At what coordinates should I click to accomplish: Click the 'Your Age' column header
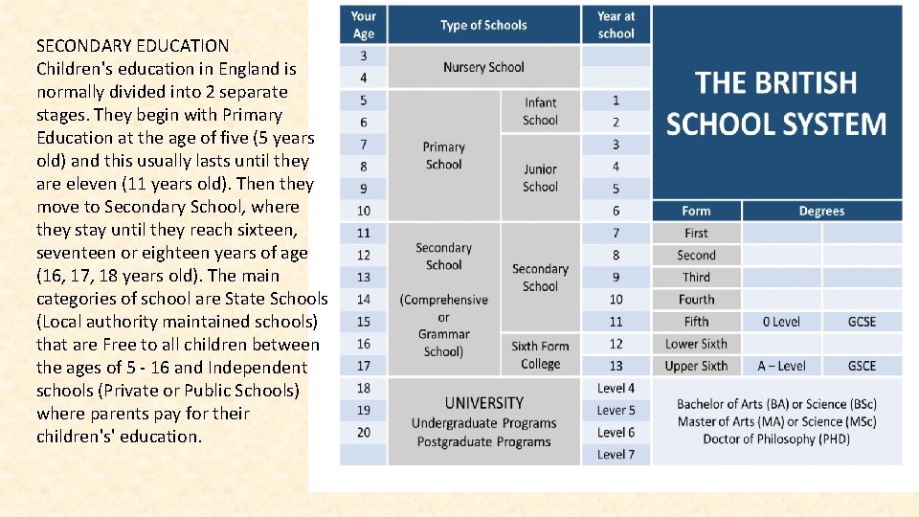coord(364,25)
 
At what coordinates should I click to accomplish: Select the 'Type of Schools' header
coord(483,25)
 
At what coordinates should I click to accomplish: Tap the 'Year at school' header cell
coord(616,25)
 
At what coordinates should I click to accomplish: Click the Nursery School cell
coord(483,67)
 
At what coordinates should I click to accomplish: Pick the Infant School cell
coord(540,111)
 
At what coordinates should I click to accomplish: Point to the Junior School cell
coord(540,178)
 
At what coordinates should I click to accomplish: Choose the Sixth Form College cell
coord(540,354)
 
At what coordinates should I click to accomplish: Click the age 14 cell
coord(364,300)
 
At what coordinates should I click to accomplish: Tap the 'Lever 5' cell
coord(616,411)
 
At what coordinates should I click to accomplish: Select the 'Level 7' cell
coord(616,454)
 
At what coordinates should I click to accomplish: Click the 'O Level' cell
coord(781,322)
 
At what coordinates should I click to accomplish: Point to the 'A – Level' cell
coord(781,366)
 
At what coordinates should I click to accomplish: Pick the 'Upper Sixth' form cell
coord(696,366)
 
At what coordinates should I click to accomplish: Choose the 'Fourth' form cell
coord(696,300)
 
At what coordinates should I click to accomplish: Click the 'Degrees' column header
coord(821,211)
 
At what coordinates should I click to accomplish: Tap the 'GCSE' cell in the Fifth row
coord(863,322)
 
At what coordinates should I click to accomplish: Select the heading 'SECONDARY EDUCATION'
coord(132,46)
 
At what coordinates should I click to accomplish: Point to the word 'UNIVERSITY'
coord(483,403)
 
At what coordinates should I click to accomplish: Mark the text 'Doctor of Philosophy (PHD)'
coord(776,439)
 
